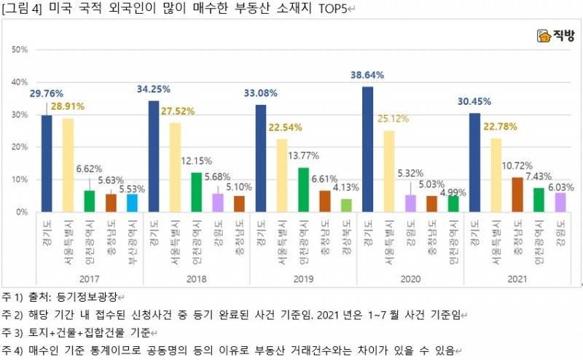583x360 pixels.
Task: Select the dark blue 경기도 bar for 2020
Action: (x=367, y=149)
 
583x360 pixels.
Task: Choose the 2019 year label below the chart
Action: (x=304, y=278)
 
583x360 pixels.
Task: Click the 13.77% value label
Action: (x=304, y=155)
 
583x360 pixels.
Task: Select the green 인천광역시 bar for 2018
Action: (x=196, y=192)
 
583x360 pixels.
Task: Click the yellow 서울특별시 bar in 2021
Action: (x=496, y=175)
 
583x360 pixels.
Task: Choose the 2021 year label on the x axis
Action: (x=517, y=278)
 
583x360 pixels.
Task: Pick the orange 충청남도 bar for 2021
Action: (x=517, y=195)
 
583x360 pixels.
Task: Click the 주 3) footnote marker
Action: (x=12, y=332)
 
